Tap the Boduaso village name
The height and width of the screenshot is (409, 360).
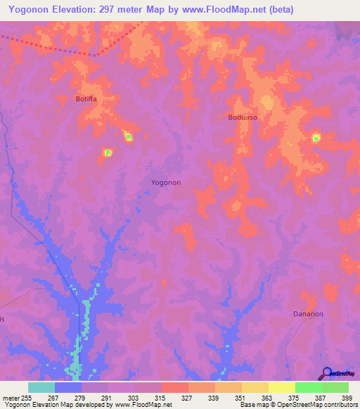(x=243, y=117)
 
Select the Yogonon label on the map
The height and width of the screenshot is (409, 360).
(x=167, y=182)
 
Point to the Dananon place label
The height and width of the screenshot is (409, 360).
(x=308, y=314)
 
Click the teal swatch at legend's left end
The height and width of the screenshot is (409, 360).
(x=41, y=387)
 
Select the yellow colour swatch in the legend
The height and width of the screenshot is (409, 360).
(x=282, y=387)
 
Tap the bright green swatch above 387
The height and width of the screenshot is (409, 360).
(x=309, y=387)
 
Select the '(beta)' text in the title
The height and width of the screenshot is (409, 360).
(x=278, y=9)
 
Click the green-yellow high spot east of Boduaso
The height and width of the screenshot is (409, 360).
(x=316, y=138)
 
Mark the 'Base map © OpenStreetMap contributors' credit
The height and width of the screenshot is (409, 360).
(x=297, y=404)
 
